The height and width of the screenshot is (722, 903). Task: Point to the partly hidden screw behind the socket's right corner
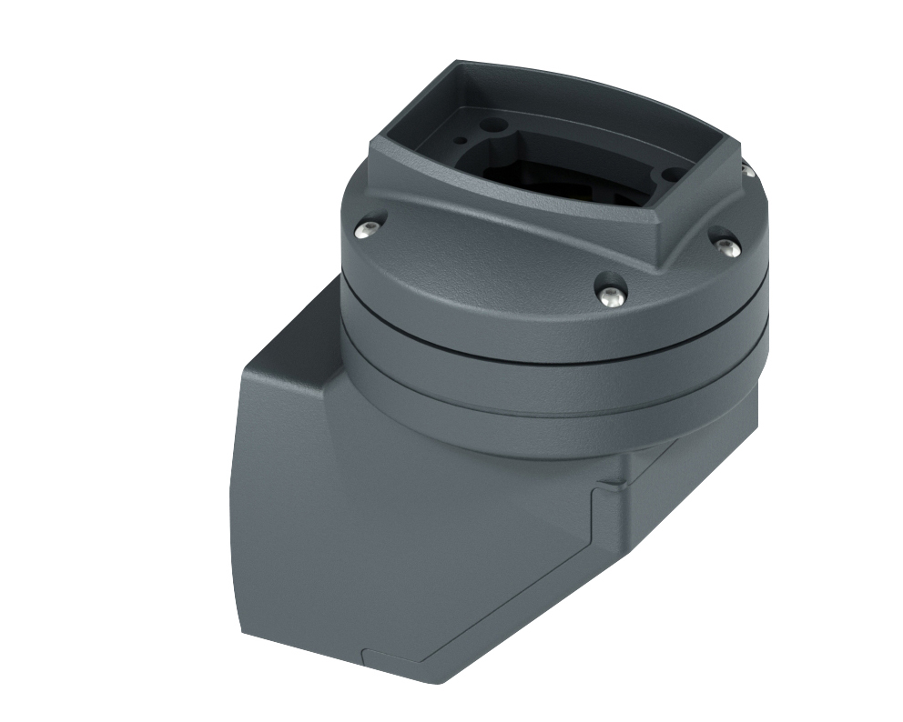click(746, 170)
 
